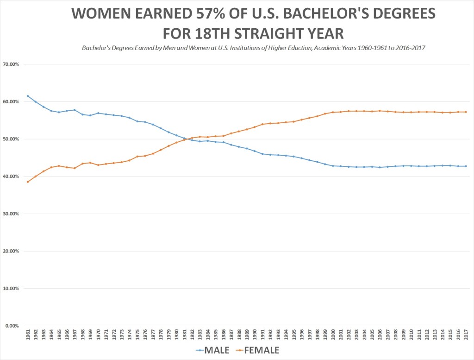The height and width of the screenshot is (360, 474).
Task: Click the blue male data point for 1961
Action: click(28, 96)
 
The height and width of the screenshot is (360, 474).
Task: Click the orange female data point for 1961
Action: click(28, 182)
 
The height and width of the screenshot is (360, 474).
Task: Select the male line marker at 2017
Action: click(466, 166)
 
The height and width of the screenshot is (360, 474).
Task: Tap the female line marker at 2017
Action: click(466, 112)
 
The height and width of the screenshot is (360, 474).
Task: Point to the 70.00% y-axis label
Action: click(11, 64)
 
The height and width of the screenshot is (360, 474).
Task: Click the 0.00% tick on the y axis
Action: click(12, 326)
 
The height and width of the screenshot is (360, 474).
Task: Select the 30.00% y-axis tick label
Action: click(11, 214)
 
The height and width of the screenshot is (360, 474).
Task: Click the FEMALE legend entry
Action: click(259, 350)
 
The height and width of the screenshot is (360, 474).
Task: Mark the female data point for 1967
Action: click(75, 168)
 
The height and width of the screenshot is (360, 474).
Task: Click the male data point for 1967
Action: click(75, 110)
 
